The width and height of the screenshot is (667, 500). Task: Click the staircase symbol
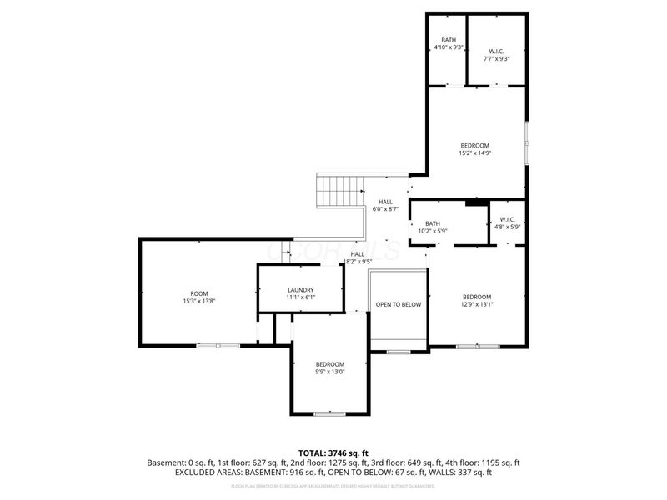pyautogui.click(x=340, y=192)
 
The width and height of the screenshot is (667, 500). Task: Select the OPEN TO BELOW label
pyautogui.click(x=399, y=305)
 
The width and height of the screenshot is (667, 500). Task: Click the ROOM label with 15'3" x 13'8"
pyautogui.click(x=198, y=293)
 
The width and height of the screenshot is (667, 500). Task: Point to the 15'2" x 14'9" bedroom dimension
pyautogui.click(x=474, y=153)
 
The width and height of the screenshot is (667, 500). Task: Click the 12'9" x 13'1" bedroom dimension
pyautogui.click(x=477, y=305)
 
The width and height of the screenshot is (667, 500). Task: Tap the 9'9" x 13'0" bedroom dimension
pyautogui.click(x=329, y=372)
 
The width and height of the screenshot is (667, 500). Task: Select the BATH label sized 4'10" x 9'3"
pyautogui.click(x=449, y=40)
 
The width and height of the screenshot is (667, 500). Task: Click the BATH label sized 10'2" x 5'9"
pyautogui.click(x=432, y=223)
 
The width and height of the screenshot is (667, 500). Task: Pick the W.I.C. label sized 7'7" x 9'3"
pyautogui.click(x=496, y=52)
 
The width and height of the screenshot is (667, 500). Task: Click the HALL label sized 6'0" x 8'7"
pyautogui.click(x=385, y=202)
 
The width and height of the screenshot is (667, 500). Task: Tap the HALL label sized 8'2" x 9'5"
pyautogui.click(x=357, y=254)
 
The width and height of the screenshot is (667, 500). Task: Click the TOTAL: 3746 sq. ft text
pyautogui.click(x=333, y=453)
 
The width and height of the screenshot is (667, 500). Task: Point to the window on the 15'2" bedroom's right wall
pyautogui.click(x=526, y=142)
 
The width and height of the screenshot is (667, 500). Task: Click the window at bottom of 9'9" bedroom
pyautogui.click(x=329, y=414)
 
